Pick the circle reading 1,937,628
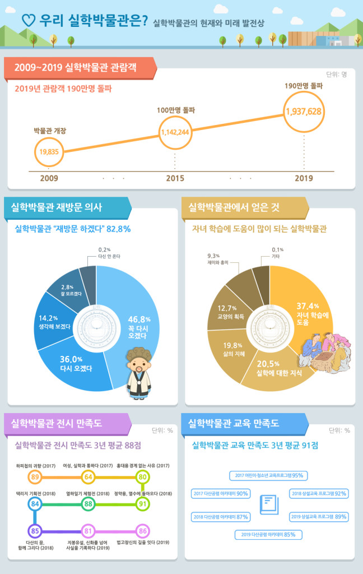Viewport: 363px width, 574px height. [303, 111]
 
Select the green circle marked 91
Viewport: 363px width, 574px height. [142, 503]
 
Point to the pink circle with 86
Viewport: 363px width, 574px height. [142, 530]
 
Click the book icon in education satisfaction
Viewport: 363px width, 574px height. [268, 503]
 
